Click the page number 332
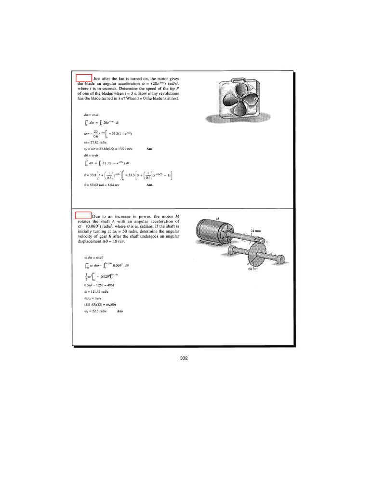[x=183, y=358]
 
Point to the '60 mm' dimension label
[x=254, y=269]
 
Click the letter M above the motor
[x=218, y=218]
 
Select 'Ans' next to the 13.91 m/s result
[x=149, y=149]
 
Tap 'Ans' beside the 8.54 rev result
[x=149, y=185]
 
